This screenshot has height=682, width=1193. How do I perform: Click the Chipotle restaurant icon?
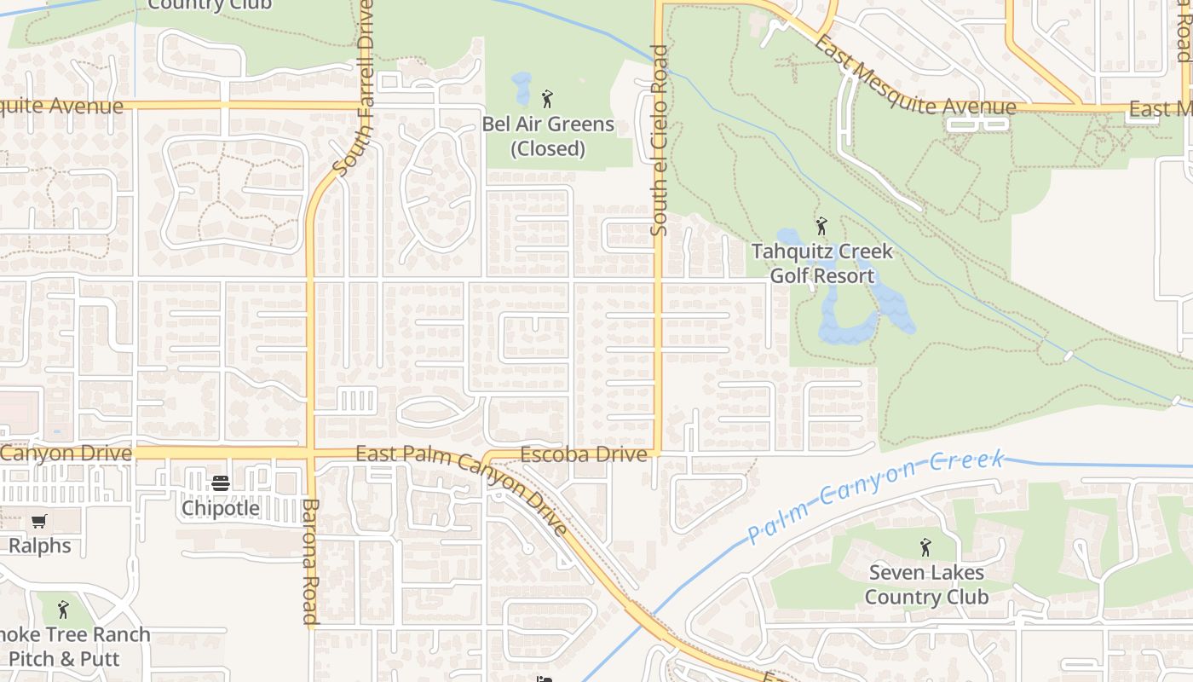pos(221,483)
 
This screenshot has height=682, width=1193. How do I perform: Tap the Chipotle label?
pos(221,508)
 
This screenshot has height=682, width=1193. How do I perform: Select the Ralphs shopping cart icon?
pos(39,521)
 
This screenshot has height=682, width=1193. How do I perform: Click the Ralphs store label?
pos(39,546)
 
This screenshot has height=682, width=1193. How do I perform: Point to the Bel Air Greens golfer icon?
pos(547,99)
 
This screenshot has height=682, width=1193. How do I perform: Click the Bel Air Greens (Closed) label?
pos(548,136)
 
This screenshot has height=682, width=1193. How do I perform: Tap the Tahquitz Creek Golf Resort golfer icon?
pos(821,226)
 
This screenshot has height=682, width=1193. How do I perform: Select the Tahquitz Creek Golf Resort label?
pos(821,263)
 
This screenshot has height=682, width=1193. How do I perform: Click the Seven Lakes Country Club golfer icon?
pos(926,547)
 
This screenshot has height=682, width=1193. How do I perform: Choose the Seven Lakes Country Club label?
pos(926,585)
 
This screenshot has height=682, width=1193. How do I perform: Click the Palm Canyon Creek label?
pos(876,497)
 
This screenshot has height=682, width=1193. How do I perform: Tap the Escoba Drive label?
pos(584,454)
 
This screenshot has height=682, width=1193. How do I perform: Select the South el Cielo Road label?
pos(659,141)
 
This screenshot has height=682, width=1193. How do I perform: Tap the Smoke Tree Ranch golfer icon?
pos(62,610)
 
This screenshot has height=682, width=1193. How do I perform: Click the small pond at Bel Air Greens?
pos(521,88)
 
